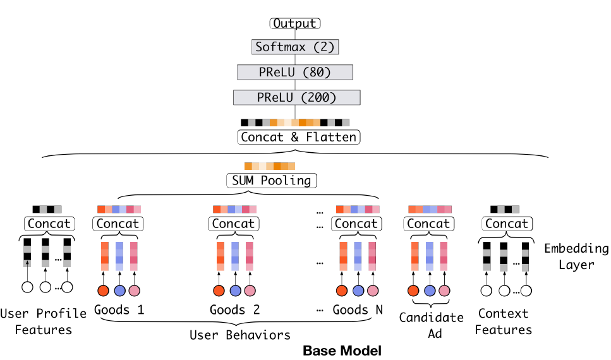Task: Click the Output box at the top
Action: tap(295, 24)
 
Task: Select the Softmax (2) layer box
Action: tap(295, 47)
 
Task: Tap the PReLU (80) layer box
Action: tap(295, 72)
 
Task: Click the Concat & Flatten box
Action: tap(298, 136)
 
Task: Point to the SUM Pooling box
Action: tap(270, 181)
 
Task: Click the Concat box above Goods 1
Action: tap(118, 224)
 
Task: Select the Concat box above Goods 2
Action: tap(234, 224)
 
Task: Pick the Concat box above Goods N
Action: tap(356, 224)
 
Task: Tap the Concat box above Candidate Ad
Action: tap(429, 224)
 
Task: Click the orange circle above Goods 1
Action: tap(104, 291)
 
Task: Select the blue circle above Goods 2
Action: tap(235, 291)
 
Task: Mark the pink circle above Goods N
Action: tap(373, 291)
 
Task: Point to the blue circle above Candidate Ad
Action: tap(430, 291)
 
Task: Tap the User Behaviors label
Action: tap(240, 335)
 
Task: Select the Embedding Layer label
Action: tap(576, 256)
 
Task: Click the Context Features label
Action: tap(504, 321)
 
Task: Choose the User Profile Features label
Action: tap(44, 321)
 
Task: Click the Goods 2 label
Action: tap(235, 310)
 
